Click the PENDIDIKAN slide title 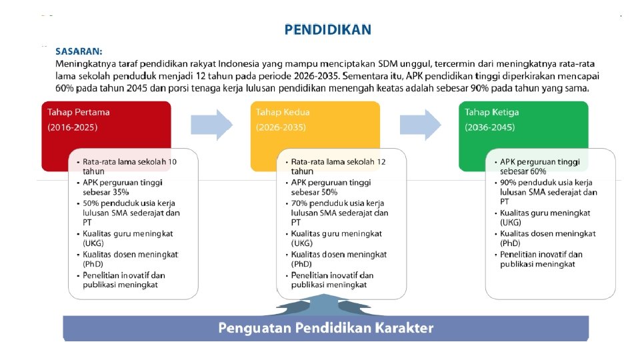327,29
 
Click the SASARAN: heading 79,51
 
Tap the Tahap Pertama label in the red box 76,112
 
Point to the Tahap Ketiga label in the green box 492,112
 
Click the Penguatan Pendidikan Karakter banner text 326,328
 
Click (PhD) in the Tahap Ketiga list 510,243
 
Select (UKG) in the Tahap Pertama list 93,243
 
